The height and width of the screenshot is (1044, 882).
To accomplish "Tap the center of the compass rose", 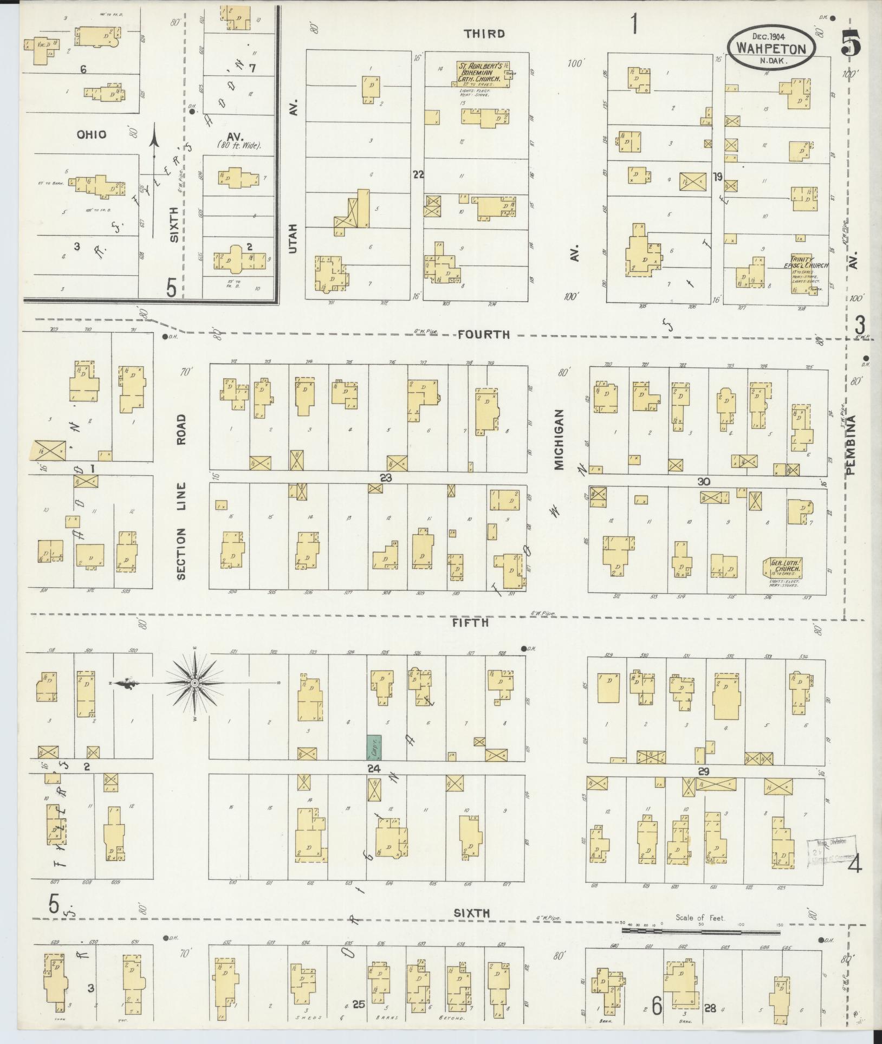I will coord(194,683).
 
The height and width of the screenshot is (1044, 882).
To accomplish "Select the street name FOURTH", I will coord(484,334).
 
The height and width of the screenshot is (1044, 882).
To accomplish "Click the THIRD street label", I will coord(484,34).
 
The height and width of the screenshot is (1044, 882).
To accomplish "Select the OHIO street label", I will coord(92,134).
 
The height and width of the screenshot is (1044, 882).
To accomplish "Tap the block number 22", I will coord(418,174).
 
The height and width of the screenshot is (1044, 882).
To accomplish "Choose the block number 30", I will coord(704,482).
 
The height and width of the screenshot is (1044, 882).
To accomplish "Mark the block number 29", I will coord(704,772).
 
